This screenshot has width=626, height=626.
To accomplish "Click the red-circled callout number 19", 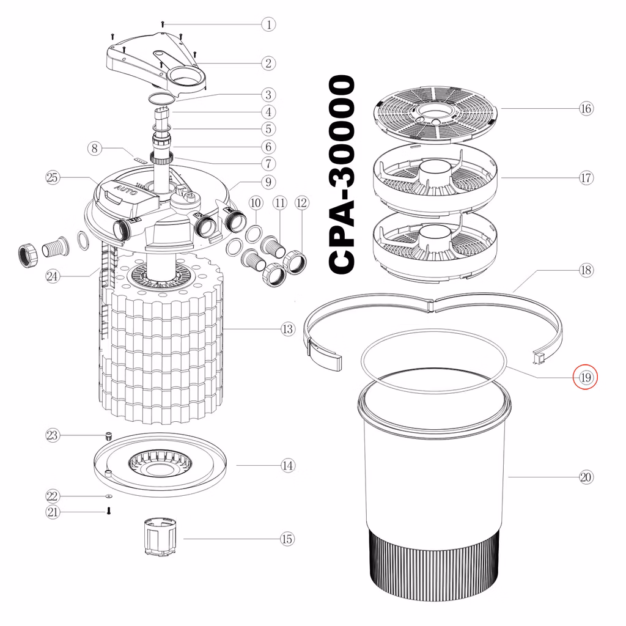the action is pyautogui.click(x=585, y=377).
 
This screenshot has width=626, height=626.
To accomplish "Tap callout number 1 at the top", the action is pyautogui.click(x=269, y=24).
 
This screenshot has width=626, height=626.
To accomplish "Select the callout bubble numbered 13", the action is pyautogui.click(x=287, y=330).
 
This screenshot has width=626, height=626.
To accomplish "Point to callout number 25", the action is pyautogui.click(x=53, y=178).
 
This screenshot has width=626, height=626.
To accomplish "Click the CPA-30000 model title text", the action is pyautogui.click(x=342, y=174).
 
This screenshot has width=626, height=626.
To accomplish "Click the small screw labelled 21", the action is pyautogui.click(x=109, y=511).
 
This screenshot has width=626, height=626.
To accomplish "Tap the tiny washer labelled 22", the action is pyautogui.click(x=109, y=496).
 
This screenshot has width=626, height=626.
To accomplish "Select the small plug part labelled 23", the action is pyautogui.click(x=108, y=435).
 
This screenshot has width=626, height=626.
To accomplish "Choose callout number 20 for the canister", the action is pyautogui.click(x=586, y=477).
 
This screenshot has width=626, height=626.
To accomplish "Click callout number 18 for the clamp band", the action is pyautogui.click(x=586, y=270).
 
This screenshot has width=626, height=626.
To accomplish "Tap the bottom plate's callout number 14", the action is pyautogui.click(x=287, y=465).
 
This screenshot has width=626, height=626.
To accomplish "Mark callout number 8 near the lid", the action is pyautogui.click(x=95, y=149).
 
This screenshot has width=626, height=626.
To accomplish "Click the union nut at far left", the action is pyautogui.click(x=28, y=254).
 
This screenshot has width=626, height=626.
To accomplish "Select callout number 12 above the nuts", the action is pyautogui.click(x=302, y=203).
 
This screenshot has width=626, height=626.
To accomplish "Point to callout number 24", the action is pyautogui.click(x=53, y=276).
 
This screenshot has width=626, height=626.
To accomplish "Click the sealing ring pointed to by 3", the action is pyautogui.click(x=161, y=97).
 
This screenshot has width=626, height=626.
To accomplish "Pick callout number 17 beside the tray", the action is pyautogui.click(x=586, y=178).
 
